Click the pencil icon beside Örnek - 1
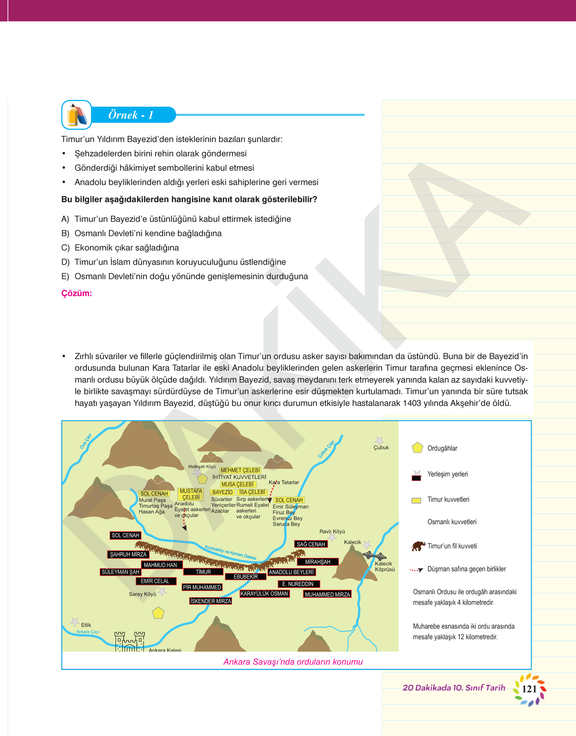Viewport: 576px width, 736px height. [x=76, y=115]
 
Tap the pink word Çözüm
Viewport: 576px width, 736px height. [x=76, y=293]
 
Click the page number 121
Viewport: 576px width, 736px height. [x=529, y=689]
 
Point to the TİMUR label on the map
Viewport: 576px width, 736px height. [x=203, y=572]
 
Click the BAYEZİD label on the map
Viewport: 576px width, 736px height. [x=222, y=492]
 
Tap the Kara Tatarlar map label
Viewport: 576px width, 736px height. [x=284, y=482]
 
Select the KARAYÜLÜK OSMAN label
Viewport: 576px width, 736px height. [x=264, y=593]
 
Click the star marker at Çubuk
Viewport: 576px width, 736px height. [x=379, y=440]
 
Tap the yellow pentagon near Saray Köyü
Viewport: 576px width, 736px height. [x=158, y=613]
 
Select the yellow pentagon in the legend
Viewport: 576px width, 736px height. [x=418, y=448]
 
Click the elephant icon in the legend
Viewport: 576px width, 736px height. [x=418, y=546]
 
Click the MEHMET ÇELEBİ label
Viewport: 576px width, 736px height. [x=240, y=470]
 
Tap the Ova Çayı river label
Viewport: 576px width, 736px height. [x=86, y=441]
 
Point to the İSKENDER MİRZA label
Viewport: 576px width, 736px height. [x=210, y=601]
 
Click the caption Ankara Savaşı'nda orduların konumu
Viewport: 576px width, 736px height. [x=293, y=662]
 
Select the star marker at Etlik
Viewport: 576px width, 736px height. [x=74, y=622]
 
